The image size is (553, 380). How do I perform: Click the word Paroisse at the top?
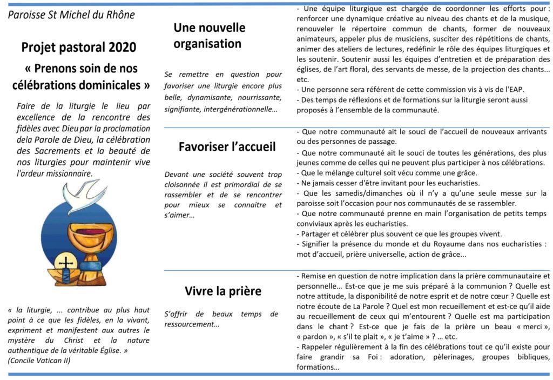tap(27, 14)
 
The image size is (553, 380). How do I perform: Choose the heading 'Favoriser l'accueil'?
tap(227, 146)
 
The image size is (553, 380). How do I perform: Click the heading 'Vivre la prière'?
tap(222, 291)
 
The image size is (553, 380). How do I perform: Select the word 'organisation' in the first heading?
tap(207, 43)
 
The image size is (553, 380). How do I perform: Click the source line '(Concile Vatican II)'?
tap(39, 361)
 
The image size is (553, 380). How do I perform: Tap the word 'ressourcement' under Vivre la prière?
tap(190, 324)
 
